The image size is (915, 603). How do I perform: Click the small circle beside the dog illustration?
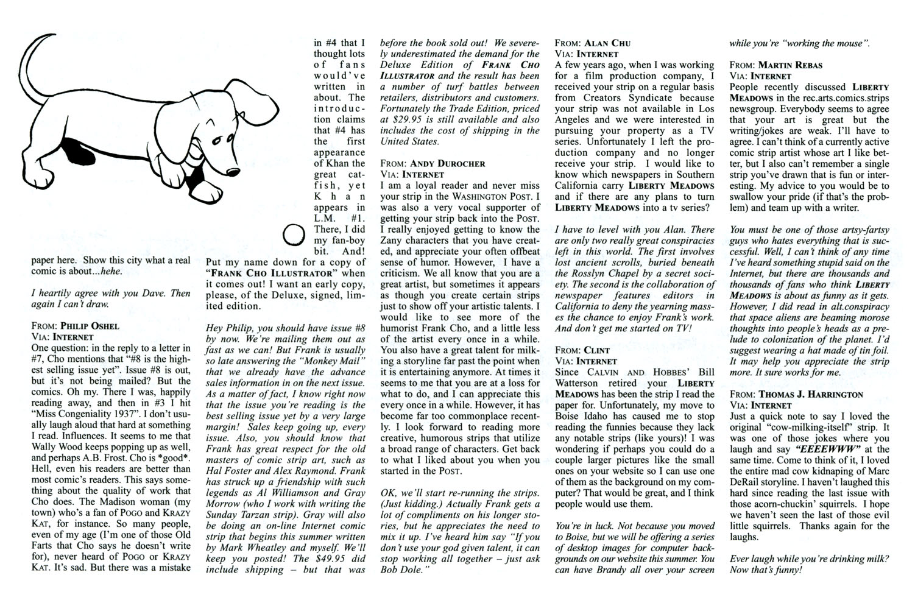(295, 234)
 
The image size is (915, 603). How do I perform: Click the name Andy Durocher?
(448, 163)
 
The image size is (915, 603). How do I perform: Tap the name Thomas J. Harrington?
(810, 394)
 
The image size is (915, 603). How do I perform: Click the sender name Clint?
(597, 350)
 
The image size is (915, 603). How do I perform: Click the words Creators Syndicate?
(625, 97)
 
